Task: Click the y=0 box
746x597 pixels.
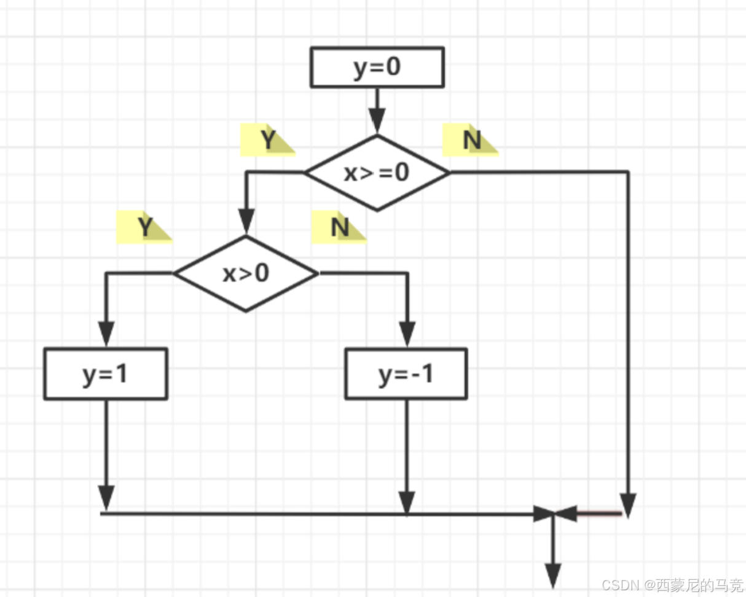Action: (x=377, y=68)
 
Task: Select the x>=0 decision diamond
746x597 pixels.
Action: (x=377, y=173)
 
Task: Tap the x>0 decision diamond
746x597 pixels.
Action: (x=246, y=273)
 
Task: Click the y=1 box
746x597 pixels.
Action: (x=106, y=374)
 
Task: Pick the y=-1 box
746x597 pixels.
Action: (x=406, y=374)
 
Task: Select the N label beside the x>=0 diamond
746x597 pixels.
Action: (x=471, y=141)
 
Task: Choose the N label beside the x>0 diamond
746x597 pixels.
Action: (x=340, y=227)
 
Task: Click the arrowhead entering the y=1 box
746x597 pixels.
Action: (x=106, y=333)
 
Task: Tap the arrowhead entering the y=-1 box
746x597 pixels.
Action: (x=406, y=333)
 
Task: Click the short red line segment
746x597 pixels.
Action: (x=599, y=513)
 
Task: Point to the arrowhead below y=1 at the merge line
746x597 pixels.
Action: (x=106, y=496)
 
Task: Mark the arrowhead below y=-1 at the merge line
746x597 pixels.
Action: (x=406, y=501)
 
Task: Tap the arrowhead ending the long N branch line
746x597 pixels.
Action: (x=628, y=502)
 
